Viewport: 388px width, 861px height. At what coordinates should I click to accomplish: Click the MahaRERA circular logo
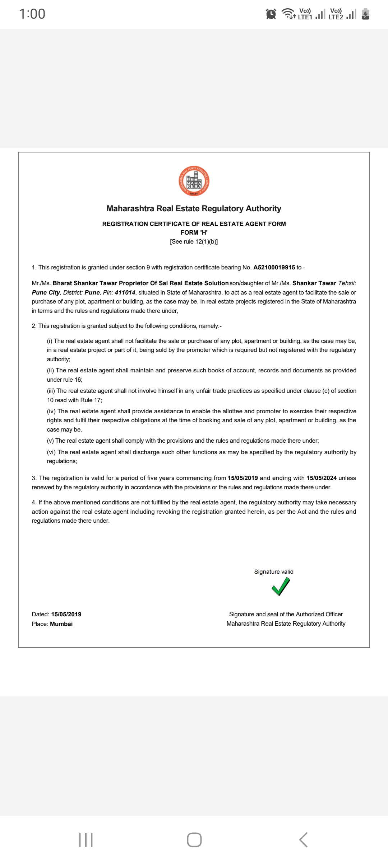coord(194,181)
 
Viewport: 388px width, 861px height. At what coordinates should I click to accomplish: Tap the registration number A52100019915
coord(274,267)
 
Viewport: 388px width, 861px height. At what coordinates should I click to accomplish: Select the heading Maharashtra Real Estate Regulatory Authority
coord(194,208)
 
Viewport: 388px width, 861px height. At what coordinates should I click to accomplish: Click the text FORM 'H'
coord(194,232)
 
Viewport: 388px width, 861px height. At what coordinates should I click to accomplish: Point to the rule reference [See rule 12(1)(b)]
coord(194,241)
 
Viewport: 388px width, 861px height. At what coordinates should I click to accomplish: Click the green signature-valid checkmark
coord(281,587)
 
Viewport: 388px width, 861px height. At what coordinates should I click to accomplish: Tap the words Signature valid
coord(274,571)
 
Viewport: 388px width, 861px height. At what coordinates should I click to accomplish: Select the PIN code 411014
coord(125,292)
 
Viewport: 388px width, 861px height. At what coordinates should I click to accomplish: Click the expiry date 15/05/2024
coord(321,478)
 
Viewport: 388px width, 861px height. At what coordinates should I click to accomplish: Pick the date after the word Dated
coord(66,614)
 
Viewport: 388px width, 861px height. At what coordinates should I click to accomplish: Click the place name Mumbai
coord(61,624)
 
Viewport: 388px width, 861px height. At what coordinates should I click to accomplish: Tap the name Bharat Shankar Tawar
coord(85,283)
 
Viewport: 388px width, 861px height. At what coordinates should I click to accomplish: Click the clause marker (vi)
coord(51,452)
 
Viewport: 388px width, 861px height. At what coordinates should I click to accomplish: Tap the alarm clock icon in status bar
coord(271,14)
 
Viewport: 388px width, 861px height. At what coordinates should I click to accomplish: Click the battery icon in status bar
coord(365,14)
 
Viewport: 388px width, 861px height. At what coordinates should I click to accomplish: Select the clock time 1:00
coord(32,14)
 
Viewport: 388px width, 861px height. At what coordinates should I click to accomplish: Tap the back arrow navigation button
coord(303,840)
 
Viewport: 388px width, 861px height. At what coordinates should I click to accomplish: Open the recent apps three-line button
coord(86,840)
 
